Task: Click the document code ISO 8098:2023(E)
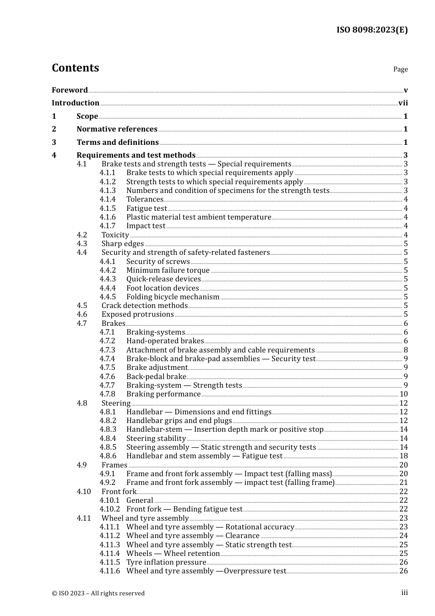click(x=372, y=30)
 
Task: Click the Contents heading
click(x=75, y=68)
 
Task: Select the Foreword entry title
click(x=70, y=90)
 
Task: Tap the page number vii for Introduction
click(x=403, y=103)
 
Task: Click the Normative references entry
click(x=117, y=129)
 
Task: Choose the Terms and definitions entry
click(x=118, y=143)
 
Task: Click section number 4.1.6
click(x=108, y=217)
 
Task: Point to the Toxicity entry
click(x=115, y=235)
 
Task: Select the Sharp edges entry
click(x=123, y=244)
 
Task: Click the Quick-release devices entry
click(x=163, y=279)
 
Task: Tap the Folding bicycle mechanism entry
click(x=173, y=297)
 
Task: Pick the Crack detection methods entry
click(x=145, y=306)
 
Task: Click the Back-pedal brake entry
click(x=156, y=377)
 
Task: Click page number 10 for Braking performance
click(x=403, y=394)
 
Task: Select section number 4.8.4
click(x=108, y=439)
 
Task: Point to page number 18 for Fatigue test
click(x=403, y=456)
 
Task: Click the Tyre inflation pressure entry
click(x=166, y=562)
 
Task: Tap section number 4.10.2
click(x=109, y=509)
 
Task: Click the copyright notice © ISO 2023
click(x=98, y=593)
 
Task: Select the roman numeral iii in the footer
click(x=404, y=593)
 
